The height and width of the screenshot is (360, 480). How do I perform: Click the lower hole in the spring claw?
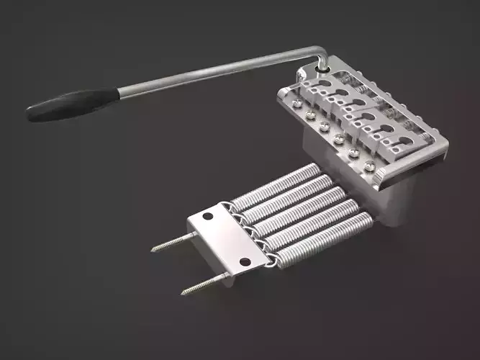[x=245, y=261]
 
